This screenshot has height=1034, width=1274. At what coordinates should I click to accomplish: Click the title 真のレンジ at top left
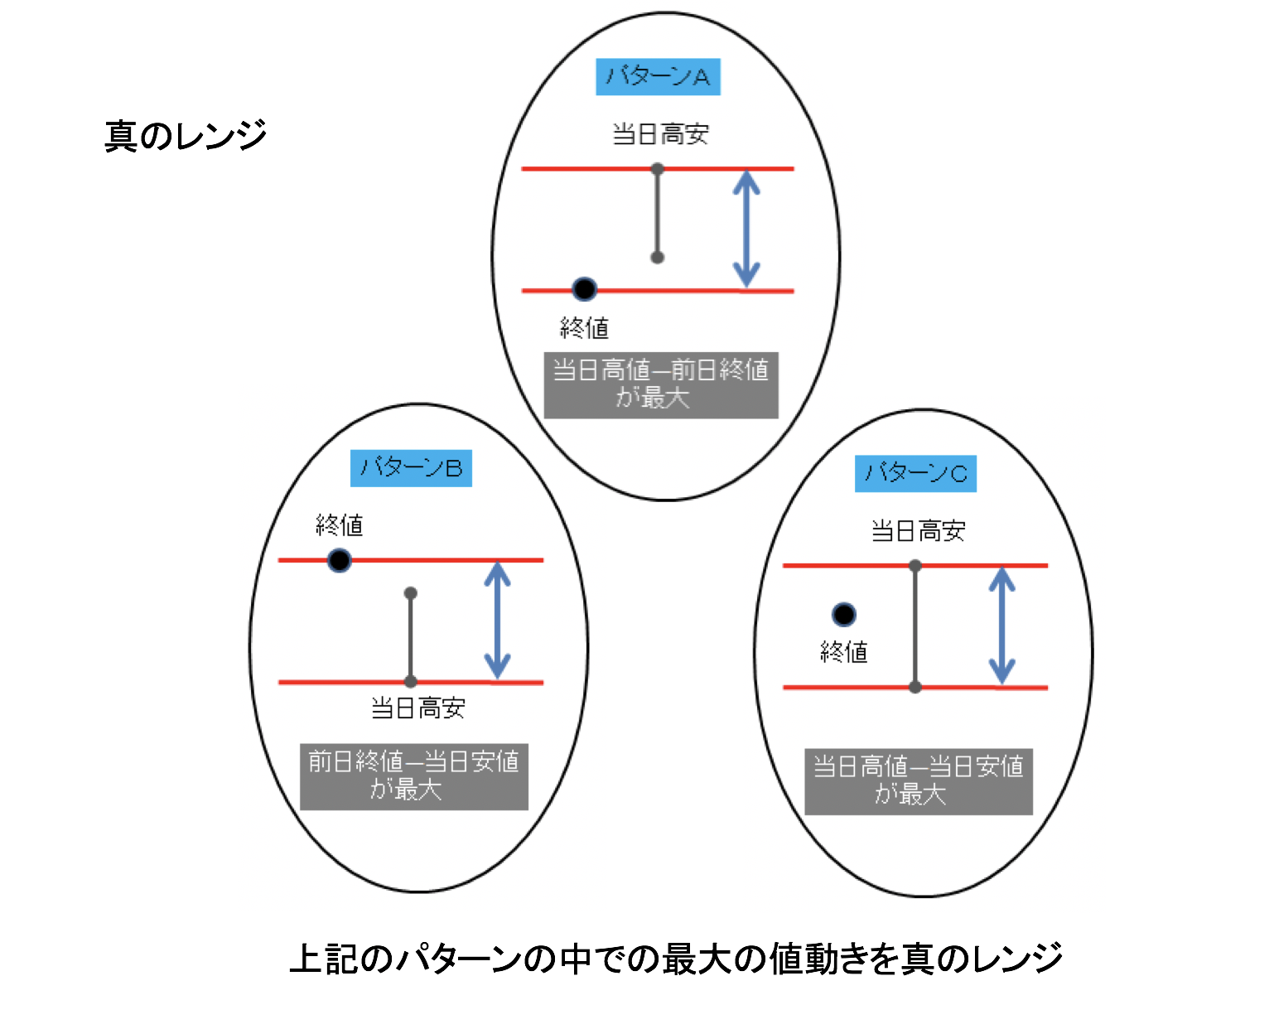(186, 135)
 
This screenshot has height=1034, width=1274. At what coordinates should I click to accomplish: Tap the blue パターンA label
(658, 77)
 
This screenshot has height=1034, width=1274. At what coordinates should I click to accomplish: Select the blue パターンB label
(411, 468)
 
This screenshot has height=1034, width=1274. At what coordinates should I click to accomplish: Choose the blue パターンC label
(915, 473)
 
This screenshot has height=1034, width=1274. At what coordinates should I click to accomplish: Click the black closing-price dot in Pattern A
(585, 289)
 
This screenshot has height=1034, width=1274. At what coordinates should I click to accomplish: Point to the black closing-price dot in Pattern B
(340, 561)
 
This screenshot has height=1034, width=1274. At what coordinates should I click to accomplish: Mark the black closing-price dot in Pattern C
(844, 615)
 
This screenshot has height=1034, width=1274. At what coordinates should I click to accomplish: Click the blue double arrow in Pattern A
(746, 230)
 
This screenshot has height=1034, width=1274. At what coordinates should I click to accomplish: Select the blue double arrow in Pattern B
(497, 621)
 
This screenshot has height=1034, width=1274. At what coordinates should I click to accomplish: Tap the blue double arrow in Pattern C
(1002, 626)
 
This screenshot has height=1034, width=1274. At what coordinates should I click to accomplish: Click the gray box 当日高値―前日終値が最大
(661, 384)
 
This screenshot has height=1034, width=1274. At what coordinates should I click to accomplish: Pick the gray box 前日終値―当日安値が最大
(413, 776)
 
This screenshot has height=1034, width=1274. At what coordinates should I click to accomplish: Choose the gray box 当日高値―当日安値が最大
(919, 781)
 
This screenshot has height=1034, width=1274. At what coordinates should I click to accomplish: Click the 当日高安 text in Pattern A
(660, 134)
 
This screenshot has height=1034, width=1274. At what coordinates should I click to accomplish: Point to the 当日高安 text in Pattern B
(417, 708)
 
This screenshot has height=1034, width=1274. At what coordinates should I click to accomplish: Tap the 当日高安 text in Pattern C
(918, 531)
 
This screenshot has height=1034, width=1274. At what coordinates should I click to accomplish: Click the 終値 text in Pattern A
(584, 329)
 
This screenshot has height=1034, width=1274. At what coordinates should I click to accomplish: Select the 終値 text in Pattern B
(340, 525)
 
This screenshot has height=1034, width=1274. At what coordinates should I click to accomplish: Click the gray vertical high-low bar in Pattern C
(915, 626)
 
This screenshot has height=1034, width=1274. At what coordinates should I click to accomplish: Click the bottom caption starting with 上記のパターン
(676, 959)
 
